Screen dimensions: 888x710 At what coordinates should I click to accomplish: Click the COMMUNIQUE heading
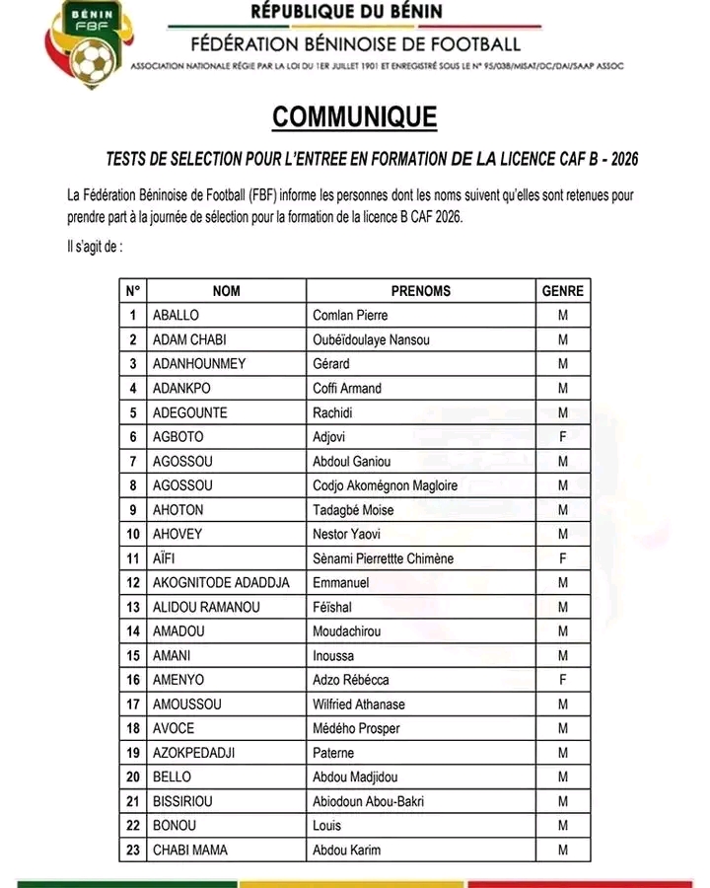[x=355, y=117]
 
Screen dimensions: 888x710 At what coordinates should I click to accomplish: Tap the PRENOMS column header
[x=420, y=291]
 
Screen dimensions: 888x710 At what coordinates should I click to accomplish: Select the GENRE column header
[x=563, y=291]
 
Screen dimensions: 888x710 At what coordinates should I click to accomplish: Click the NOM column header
[x=226, y=291]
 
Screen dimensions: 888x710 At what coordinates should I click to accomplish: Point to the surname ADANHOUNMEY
[x=199, y=364]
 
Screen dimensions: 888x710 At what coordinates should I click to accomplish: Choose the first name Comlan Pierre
[x=350, y=316]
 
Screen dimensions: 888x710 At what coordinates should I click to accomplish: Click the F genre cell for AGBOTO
[x=563, y=437]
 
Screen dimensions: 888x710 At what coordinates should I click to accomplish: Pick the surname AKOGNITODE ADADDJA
[x=221, y=582]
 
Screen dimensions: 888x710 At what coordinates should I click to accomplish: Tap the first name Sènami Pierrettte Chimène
[x=384, y=558]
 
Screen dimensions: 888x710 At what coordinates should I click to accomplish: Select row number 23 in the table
[x=132, y=850]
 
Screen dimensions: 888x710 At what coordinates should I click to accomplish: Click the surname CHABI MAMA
[x=190, y=850]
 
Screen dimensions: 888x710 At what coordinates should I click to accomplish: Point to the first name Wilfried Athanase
[x=359, y=704]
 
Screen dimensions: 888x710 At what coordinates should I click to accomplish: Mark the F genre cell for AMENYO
[x=563, y=680]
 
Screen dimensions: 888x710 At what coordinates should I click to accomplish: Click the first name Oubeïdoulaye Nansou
[x=372, y=340]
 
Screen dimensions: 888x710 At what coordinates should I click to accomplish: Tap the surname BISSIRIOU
[x=182, y=801]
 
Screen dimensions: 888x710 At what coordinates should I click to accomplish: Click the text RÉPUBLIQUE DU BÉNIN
[x=347, y=13]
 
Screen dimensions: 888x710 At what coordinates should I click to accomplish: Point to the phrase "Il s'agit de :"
[x=89, y=246]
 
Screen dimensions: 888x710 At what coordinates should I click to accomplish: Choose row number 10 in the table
[x=132, y=534]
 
